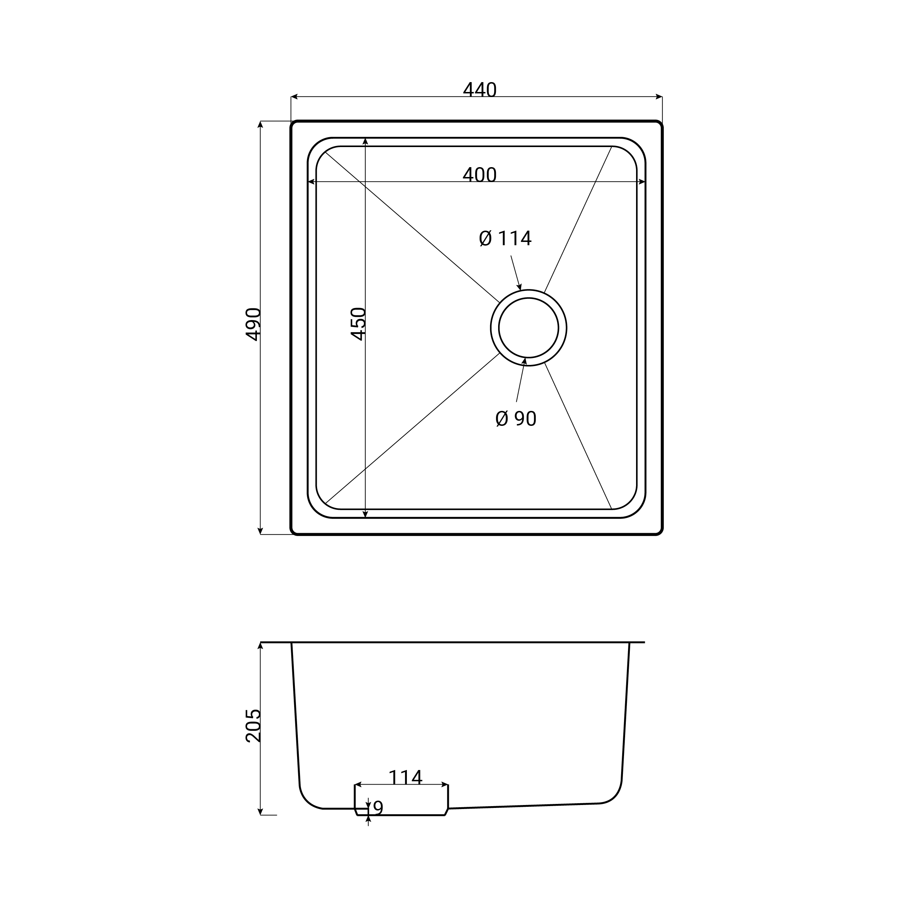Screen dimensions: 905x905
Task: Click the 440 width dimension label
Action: [480, 90]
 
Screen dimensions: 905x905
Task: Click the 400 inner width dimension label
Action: [480, 175]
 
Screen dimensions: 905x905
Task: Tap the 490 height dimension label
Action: [253, 324]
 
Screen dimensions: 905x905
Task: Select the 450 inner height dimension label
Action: [358, 324]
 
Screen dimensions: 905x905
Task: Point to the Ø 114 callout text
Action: [505, 238]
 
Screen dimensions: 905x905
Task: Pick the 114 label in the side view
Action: [406, 778]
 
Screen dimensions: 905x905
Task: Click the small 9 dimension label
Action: [378, 808]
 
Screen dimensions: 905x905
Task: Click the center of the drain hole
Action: [528, 328]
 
